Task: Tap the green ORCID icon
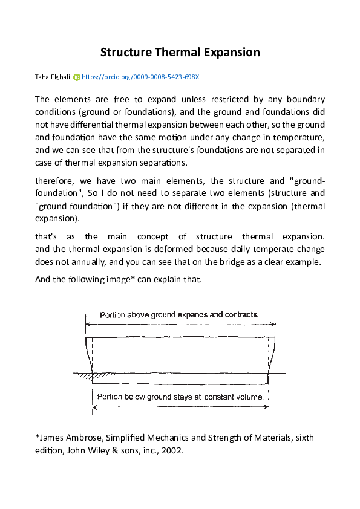(76, 77)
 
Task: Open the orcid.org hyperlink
(140, 77)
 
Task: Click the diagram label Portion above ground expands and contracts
(179, 315)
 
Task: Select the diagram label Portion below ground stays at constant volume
(180, 397)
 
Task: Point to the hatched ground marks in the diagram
(103, 375)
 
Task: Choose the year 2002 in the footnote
(172, 450)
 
